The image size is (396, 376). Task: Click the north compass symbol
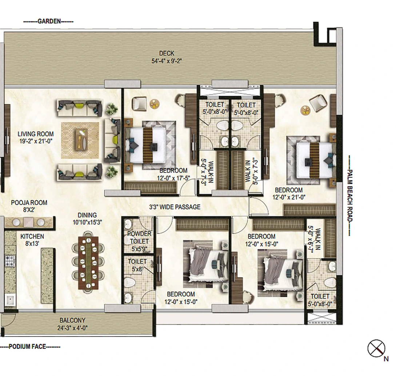pyautogui.click(x=376, y=349)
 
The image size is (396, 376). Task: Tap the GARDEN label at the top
pyautogui.click(x=49, y=21)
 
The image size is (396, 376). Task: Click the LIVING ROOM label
pyautogui.click(x=36, y=137)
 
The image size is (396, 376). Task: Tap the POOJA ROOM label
pyautogui.click(x=29, y=206)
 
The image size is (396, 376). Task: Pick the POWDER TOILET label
pyautogui.click(x=139, y=238)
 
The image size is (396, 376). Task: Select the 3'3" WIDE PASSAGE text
pyautogui.click(x=175, y=207)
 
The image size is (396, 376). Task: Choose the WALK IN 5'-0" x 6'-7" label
pyautogui.click(x=319, y=240)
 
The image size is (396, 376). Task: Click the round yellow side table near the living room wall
pyautogui.click(x=155, y=104)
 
